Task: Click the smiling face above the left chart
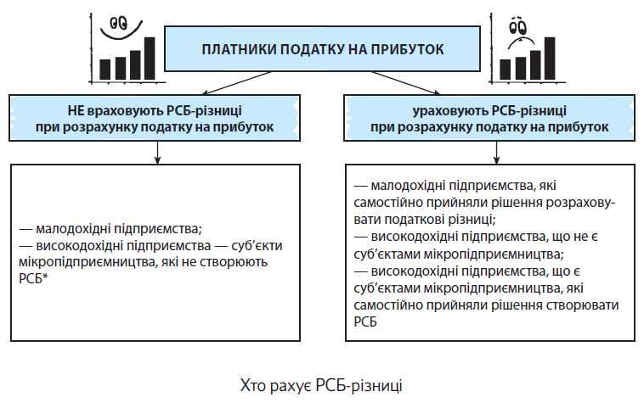pyautogui.click(x=121, y=28)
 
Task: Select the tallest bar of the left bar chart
pyautogui.click(x=150, y=59)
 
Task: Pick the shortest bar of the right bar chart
pyautogui.click(x=505, y=70)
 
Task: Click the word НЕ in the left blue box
pyautogui.click(x=76, y=111)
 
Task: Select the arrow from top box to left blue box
pyautogui.click(x=236, y=83)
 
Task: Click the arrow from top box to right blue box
pyautogui.click(x=406, y=83)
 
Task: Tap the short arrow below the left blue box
pyautogui.click(x=157, y=153)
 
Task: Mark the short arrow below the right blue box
pyautogui.click(x=496, y=153)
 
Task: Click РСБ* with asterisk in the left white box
pyautogui.click(x=33, y=278)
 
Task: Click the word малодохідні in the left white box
pyautogui.click(x=73, y=228)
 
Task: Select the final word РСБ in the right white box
pyautogui.click(x=365, y=321)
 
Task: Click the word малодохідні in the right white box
pyautogui.click(x=408, y=186)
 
